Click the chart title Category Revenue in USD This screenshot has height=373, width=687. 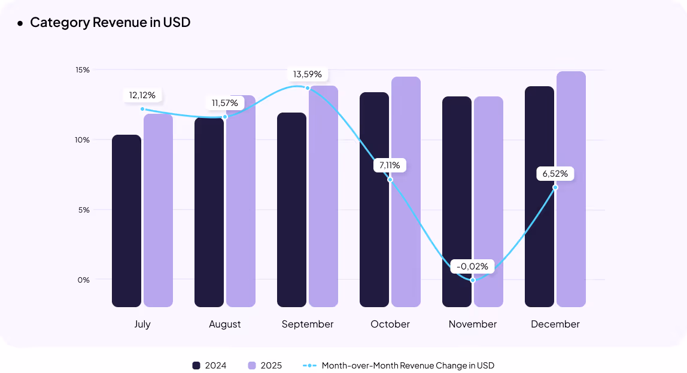[x=110, y=23]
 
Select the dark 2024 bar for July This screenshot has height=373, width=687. [x=126, y=221]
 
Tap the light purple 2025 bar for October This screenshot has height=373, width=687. [x=406, y=192]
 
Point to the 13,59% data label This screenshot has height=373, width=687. [x=307, y=74]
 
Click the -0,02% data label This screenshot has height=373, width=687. [x=472, y=266]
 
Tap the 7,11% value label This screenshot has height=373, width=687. [x=390, y=165]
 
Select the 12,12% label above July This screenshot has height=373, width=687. [x=142, y=95]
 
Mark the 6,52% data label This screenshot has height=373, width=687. [x=555, y=174]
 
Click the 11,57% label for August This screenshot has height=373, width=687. [x=224, y=103]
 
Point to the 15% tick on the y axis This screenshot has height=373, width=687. [x=83, y=69]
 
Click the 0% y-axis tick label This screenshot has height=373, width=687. [x=84, y=280]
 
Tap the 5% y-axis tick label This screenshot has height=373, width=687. [x=84, y=210]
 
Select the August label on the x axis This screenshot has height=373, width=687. [x=225, y=324]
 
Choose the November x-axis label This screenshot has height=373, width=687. [x=473, y=324]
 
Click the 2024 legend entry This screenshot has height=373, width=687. [x=209, y=365]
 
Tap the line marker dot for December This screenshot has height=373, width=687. [x=555, y=187]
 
